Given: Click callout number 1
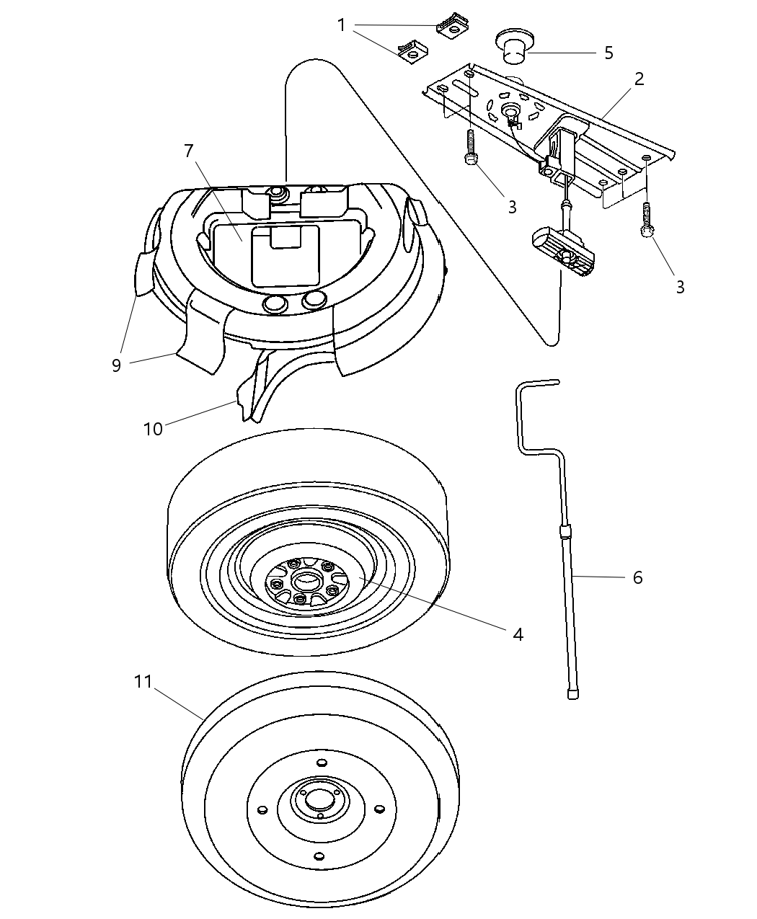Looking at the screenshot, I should (x=342, y=25).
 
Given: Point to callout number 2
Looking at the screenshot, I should (x=639, y=79).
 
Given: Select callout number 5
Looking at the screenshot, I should (x=608, y=53).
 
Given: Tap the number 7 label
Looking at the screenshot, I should (x=189, y=151).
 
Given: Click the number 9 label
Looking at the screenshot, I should (x=116, y=365).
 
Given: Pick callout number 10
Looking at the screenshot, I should (x=153, y=428).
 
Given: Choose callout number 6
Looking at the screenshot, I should (x=637, y=577).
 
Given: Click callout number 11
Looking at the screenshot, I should (x=143, y=680).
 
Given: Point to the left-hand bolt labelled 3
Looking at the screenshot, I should (x=470, y=151).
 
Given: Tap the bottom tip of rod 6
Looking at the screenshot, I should (x=575, y=693).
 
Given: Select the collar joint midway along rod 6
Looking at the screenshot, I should (x=565, y=533).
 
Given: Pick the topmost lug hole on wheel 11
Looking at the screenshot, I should (x=322, y=763).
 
